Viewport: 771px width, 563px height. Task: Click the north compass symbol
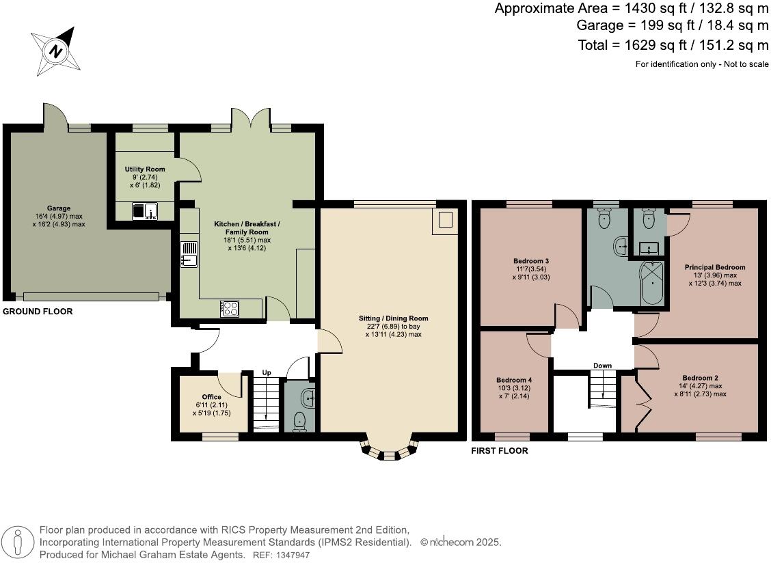(55, 51)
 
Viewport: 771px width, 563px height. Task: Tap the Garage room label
(59, 208)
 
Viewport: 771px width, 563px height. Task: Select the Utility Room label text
(145, 169)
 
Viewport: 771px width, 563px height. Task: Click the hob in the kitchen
(230, 309)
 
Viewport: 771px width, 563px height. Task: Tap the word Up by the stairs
(267, 373)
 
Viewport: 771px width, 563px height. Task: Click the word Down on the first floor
(602, 366)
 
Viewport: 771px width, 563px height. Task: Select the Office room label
(212, 397)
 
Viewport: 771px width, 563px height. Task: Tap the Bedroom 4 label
(514, 380)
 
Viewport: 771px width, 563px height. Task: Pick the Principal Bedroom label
(715, 267)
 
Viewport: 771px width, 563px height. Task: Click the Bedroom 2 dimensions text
(700, 390)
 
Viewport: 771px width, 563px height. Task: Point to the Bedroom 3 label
(531, 261)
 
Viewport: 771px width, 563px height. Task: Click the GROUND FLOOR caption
(38, 312)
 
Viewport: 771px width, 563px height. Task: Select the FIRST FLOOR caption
(500, 451)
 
